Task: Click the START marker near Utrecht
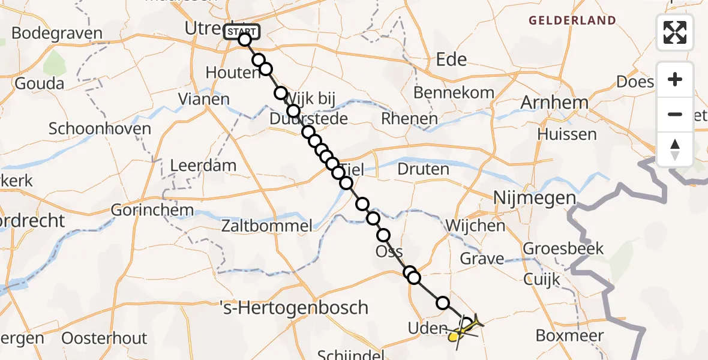point(242,32)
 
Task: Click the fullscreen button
point(675,32)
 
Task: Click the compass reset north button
point(675,149)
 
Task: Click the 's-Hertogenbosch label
point(301,308)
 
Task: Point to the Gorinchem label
point(152,211)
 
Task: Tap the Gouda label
point(40,83)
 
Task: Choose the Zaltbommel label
point(266,226)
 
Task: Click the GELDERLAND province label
point(572,20)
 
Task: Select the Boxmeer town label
point(569,335)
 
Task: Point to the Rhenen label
point(409,119)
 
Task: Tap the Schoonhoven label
point(100,129)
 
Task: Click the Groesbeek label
point(563,248)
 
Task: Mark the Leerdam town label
point(203,166)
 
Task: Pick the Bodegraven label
point(56,33)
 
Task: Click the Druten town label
point(423,169)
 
